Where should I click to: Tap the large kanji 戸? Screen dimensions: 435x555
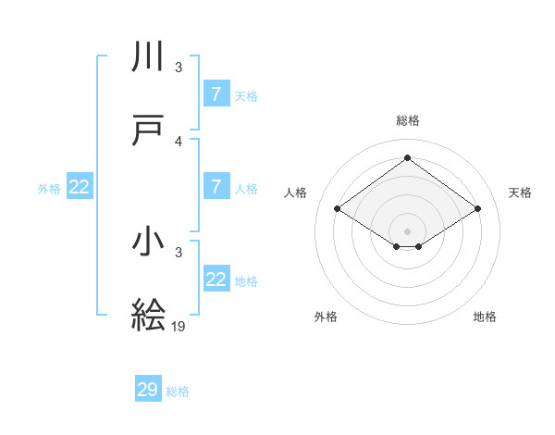[149, 130]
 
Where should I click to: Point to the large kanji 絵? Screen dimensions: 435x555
[149, 315]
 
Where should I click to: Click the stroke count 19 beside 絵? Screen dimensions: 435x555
[179, 327]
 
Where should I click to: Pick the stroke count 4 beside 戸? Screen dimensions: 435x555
[179, 142]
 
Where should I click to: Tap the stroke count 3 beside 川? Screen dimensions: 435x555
[179, 68]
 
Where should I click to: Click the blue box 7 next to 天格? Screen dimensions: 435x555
[216, 94]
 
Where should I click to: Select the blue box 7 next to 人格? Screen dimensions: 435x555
[216, 187]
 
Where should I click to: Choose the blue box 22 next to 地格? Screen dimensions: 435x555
[216, 280]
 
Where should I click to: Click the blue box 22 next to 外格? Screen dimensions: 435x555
[79, 187]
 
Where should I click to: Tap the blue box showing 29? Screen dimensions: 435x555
[147, 390]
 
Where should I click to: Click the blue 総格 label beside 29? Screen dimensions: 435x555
[179, 391]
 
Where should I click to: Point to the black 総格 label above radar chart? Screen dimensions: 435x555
[407, 120]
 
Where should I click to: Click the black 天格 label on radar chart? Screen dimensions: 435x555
[521, 193]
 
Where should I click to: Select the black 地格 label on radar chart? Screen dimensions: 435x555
[485, 317]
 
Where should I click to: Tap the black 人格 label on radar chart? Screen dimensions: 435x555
[296, 193]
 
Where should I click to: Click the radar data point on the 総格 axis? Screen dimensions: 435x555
[407, 158]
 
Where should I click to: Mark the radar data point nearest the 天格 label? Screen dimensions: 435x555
[477, 209]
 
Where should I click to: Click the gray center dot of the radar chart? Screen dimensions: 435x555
[407, 230]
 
